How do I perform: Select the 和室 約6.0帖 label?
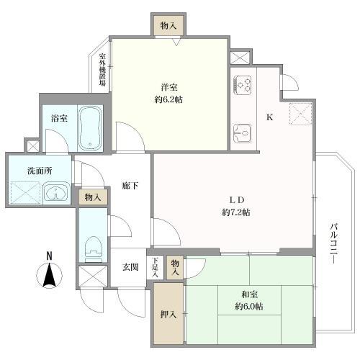(249, 300)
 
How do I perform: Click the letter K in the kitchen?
(270, 117)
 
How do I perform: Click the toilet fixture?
(91, 246)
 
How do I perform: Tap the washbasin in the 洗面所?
(55, 193)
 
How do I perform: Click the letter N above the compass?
(49, 256)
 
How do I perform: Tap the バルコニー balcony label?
(333, 245)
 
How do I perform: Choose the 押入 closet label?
(164, 315)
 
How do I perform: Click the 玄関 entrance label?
(130, 267)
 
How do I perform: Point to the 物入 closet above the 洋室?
(168, 26)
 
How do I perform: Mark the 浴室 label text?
(59, 117)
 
